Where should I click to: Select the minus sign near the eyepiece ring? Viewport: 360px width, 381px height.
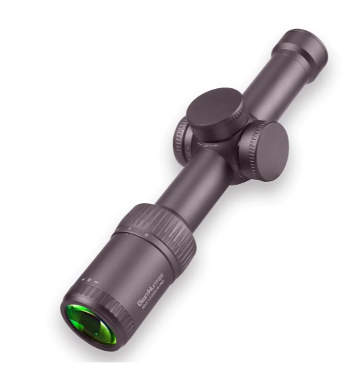coord(96,282)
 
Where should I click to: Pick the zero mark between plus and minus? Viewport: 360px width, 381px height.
coord(88,280)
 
